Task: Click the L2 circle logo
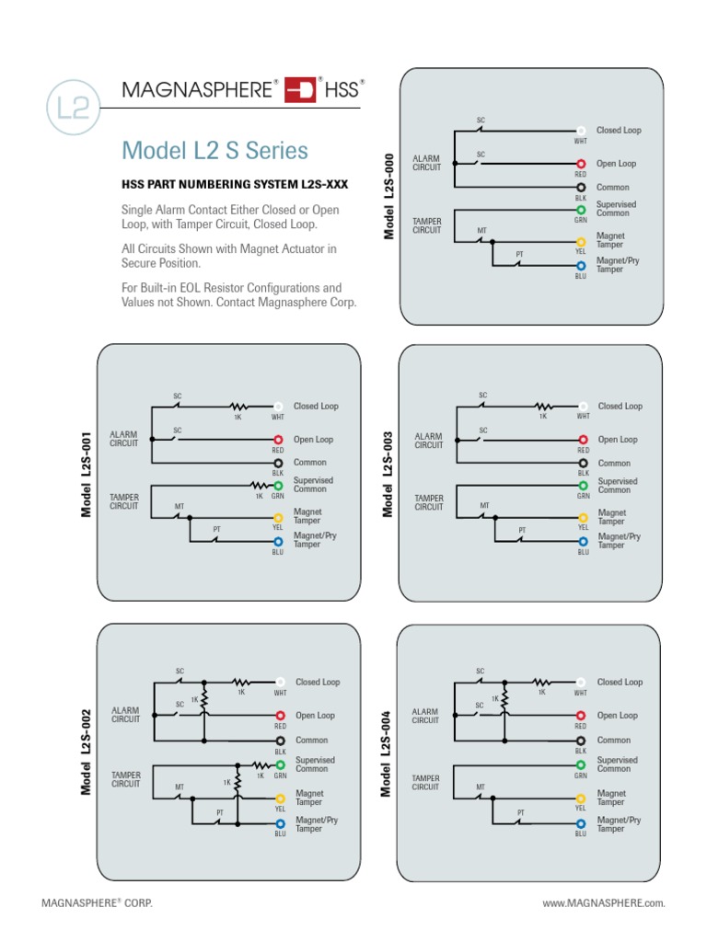point(73,108)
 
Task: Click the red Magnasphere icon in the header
point(300,89)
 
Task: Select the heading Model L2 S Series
point(214,150)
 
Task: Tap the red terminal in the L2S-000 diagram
point(581,164)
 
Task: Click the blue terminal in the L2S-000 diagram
point(581,266)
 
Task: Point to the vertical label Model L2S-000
point(389,196)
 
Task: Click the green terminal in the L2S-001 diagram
point(278,485)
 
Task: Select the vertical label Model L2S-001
point(86,473)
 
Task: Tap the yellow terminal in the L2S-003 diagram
point(583,518)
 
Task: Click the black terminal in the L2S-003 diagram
point(583,464)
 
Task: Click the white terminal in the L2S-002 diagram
point(280,683)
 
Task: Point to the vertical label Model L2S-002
point(86,752)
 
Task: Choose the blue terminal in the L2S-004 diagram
point(581,823)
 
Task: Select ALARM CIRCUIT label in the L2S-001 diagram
point(124,439)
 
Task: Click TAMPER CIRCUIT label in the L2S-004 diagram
point(425,783)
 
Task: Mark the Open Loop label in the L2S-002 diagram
point(315,716)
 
